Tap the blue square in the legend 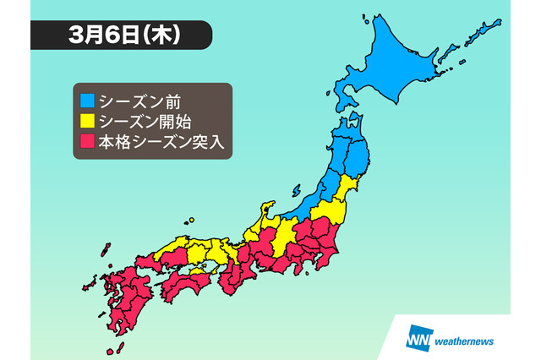[x=87, y=101]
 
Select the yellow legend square [x=87, y=121]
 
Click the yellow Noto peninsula [x=268, y=212]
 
